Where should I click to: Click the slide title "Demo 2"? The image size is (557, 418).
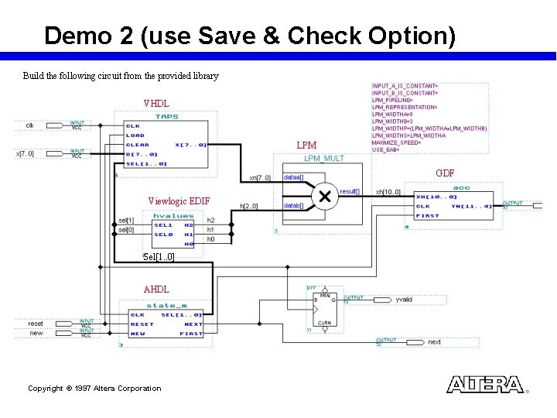249,36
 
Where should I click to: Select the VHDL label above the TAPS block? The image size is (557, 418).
156,104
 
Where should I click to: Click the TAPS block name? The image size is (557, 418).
166,117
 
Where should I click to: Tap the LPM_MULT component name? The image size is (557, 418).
323,159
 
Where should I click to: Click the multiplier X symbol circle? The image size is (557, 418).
325,197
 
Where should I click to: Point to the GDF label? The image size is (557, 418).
445,173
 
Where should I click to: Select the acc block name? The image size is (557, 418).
461,187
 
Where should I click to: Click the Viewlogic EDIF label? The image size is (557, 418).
179,201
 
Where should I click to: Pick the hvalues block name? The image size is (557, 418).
174,216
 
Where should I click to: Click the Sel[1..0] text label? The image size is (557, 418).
159,256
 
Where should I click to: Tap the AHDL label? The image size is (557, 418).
156,290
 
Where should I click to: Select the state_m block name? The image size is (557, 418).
167,306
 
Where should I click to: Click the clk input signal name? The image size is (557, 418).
29,125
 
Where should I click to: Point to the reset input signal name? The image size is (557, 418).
36,324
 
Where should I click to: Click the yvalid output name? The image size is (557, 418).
404,299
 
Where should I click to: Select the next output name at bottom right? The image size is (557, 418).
434,341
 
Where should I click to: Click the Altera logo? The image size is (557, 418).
485,385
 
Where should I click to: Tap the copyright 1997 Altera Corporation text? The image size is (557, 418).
94,389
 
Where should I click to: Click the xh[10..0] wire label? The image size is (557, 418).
388,192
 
